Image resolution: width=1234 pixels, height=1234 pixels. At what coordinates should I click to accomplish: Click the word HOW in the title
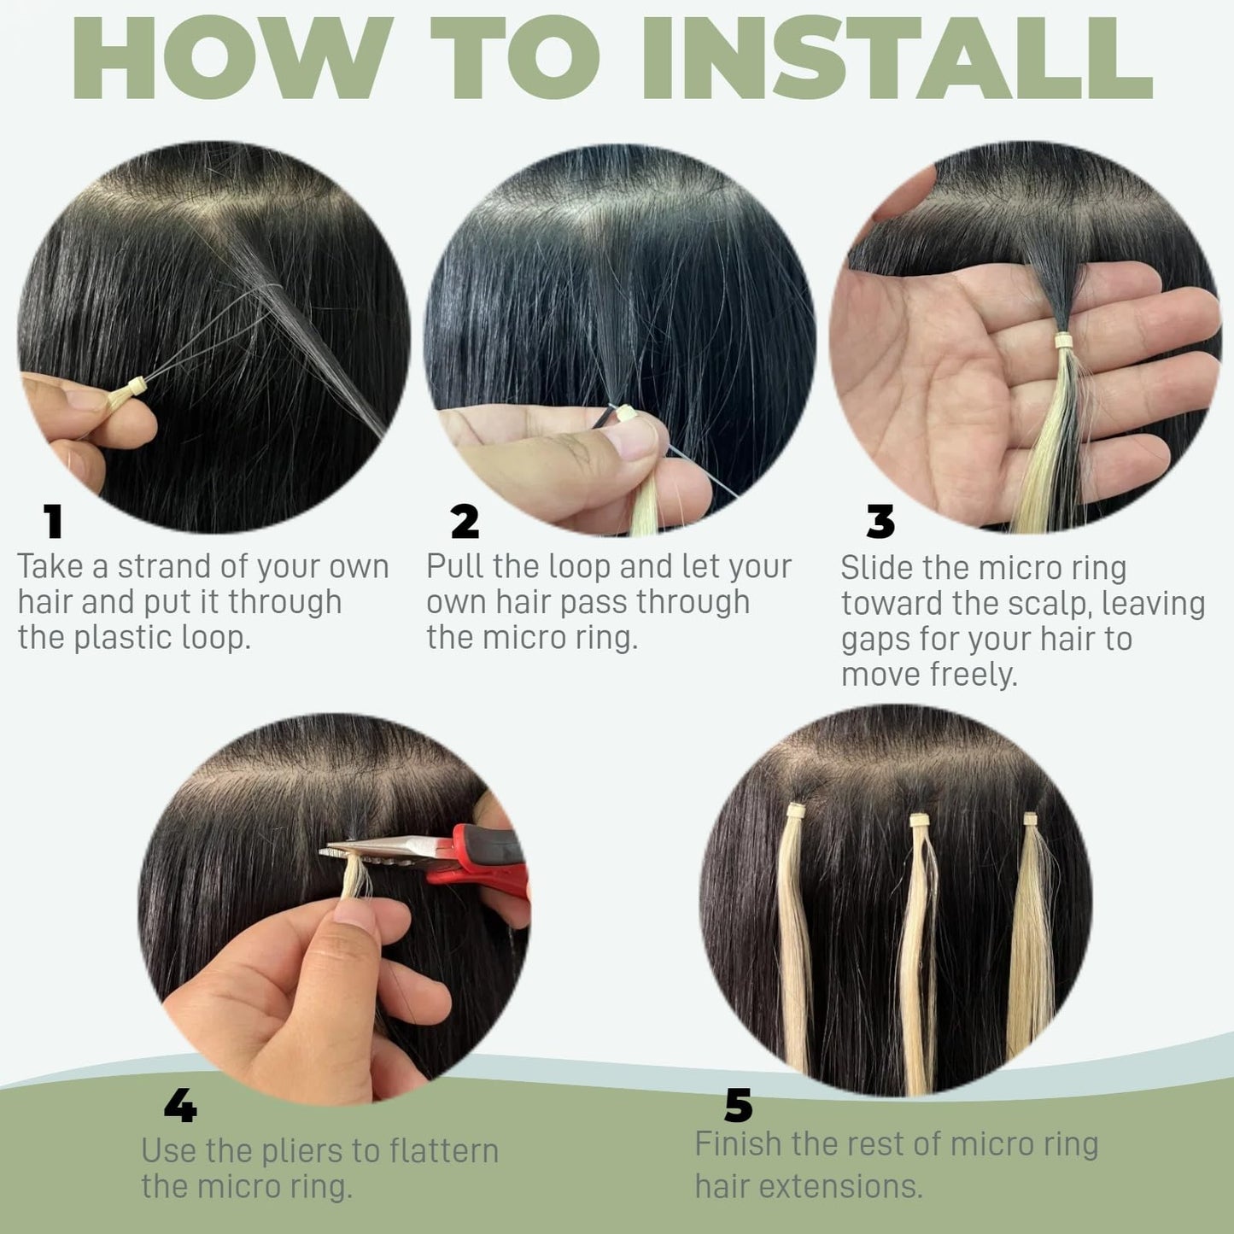tap(234, 57)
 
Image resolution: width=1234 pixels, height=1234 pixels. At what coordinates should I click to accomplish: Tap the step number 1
tap(54, 521)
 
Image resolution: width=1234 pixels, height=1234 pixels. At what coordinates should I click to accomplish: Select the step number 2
tap(465, 521)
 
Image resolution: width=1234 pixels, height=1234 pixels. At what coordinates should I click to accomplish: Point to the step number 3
tap(880, 521)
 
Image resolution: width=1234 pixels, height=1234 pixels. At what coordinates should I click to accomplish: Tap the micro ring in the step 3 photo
tap(1064, 341)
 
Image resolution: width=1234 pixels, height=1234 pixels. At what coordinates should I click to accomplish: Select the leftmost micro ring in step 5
tap(796, 810)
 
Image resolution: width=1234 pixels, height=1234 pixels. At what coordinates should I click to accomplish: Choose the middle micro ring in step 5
tap(920, 821)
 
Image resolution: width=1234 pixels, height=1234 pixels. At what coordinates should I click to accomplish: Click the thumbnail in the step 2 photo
tap(629, 442)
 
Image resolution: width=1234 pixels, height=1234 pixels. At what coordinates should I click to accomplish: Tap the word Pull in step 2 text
tap(453, 567)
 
